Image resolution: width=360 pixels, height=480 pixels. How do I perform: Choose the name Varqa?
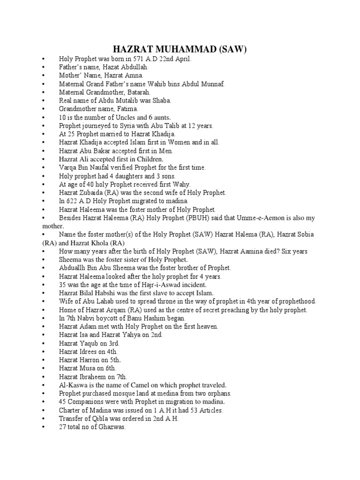point(68,167)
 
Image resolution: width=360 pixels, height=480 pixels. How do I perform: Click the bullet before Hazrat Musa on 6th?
point(43,368)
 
